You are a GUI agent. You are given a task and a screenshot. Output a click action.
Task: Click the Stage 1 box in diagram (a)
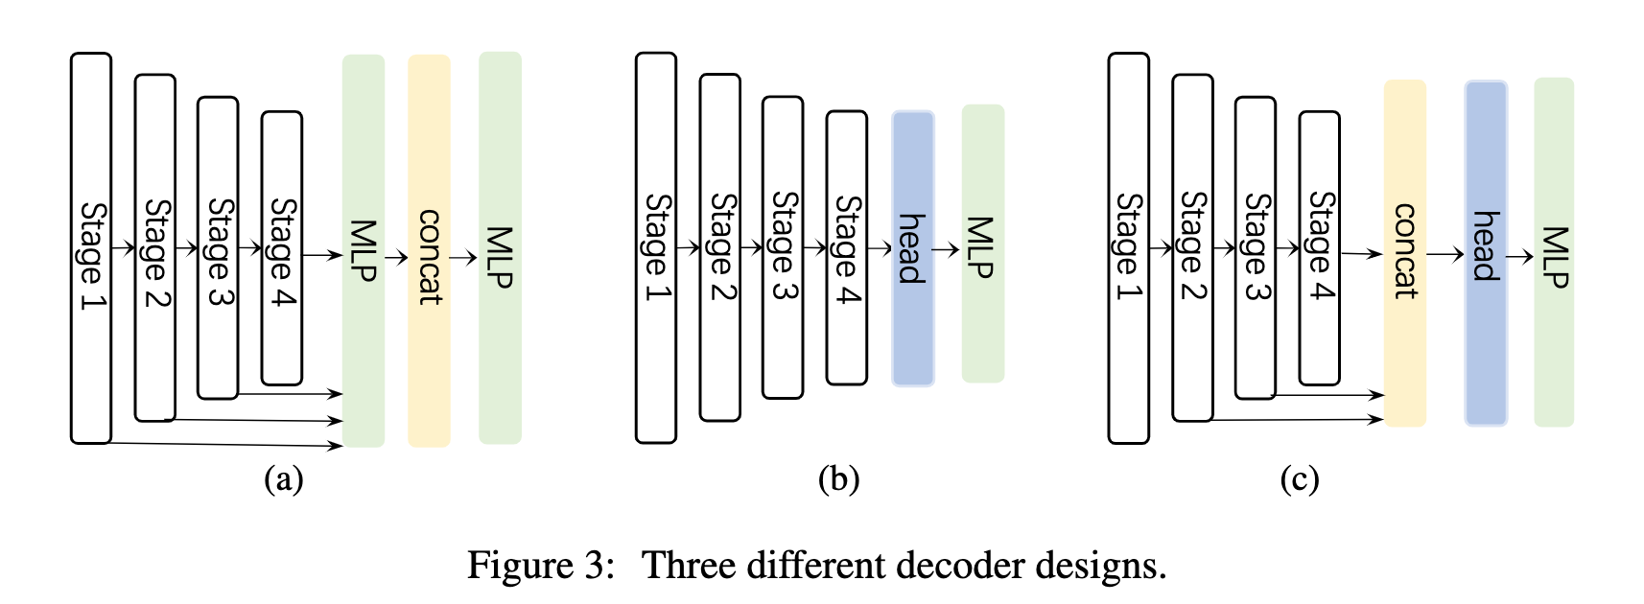[x=91, y=248]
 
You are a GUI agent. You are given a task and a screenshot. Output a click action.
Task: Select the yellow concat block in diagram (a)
[x=429, y=250]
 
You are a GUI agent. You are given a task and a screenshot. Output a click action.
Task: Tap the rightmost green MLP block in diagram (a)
[x=500, y=247]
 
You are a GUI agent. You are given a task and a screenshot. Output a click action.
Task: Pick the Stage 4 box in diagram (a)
[x=282, y=248]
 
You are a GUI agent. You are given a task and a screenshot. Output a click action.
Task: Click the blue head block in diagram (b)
[x=912, y=248]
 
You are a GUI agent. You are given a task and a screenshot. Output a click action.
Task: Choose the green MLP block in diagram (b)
[x=982, y=244]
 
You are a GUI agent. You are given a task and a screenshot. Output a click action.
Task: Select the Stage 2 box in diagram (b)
[x=719, y=247]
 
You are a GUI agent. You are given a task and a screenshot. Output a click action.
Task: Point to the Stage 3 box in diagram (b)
[x=783, y=247]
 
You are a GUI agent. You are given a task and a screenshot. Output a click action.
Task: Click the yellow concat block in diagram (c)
[x=1404, y=252]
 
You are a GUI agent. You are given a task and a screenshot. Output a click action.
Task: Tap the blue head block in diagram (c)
[x=1486, y=253]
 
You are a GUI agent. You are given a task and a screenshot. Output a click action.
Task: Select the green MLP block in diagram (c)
[x=1554, y=252]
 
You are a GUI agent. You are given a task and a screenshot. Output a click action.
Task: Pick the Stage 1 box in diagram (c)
[x=1128, y=248]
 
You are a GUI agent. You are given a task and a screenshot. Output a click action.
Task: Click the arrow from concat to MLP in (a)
[x=463, y=257]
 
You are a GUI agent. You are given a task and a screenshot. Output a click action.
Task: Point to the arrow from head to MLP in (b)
[x=947, y=249]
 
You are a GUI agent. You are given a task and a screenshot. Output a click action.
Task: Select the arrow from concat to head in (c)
[x=1444, y=254]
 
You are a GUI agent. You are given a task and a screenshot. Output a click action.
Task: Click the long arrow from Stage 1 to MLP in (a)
[x=225, y=444]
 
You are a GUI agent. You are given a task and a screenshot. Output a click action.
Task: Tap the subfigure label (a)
[x=284, y=478]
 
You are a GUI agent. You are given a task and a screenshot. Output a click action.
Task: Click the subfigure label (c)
[x=1300, y=478]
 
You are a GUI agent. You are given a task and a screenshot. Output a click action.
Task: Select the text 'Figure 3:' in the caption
[x=540, y=565]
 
